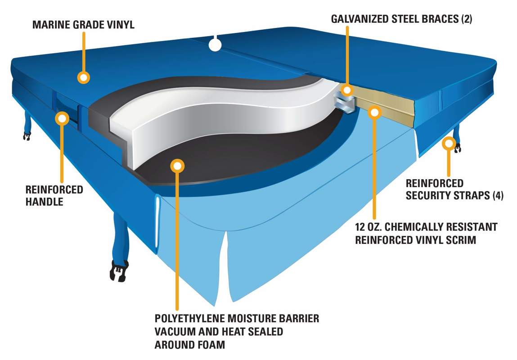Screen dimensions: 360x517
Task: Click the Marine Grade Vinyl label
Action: click(83, 24)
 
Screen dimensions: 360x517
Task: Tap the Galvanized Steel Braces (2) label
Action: click(401, 19)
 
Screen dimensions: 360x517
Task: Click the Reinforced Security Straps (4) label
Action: click(454, 189)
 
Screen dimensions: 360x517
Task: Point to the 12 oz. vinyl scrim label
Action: click(426, 233)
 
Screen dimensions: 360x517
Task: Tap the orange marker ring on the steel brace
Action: click(347, 90)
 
